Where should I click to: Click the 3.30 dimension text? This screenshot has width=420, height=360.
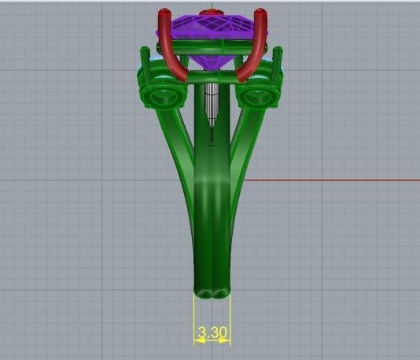(212, 332)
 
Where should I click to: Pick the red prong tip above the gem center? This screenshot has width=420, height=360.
(211, 13)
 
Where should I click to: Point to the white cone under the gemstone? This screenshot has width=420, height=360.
(211, 102)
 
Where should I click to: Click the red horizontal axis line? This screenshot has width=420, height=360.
(330, 180)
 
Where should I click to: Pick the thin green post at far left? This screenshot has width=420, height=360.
(145, 59)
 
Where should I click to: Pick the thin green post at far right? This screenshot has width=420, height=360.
(278, 59)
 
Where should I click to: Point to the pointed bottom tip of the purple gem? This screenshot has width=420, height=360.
(211, 78)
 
